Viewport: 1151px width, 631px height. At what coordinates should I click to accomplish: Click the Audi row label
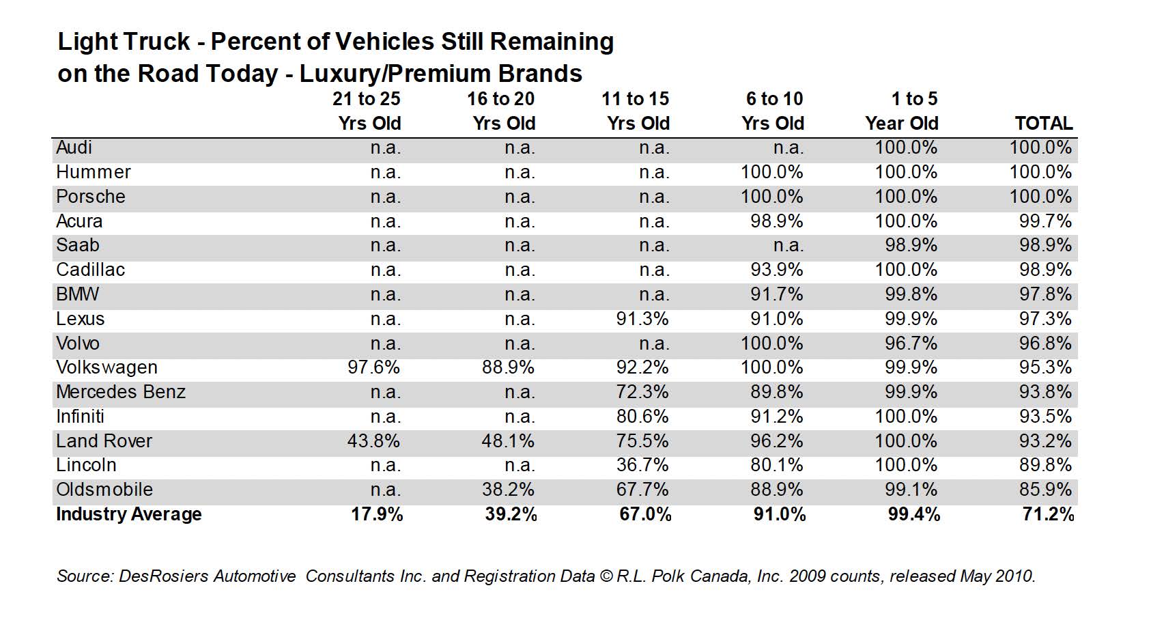(x=74, y=148)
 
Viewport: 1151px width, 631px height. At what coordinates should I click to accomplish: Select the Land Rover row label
(x=104, y=441)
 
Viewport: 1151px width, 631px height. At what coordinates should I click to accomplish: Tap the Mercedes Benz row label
(x=121, y=392)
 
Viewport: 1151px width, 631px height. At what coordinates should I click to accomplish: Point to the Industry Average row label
(x=129, y=514)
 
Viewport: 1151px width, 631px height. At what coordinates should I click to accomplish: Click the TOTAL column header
(x=1044, y=124)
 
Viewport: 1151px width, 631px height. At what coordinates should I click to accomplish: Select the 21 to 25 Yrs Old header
(x=367, y=111)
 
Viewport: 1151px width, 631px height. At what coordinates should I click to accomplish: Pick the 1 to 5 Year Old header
(x=902, y=111)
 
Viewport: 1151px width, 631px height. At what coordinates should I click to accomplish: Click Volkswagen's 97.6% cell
(x=373, y=367)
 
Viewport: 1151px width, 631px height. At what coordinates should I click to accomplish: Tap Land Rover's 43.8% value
(x=373, y=441)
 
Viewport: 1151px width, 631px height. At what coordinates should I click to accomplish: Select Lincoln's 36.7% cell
(x=642, y=465)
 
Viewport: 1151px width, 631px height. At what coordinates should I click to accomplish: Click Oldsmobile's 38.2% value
(x=508, y=490)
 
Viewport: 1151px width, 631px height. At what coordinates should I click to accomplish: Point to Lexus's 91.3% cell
(x=642, y=319)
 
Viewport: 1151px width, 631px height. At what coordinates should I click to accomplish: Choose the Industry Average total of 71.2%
(x=1048, y=514)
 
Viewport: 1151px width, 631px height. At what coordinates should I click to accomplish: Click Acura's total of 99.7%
(x=1046, y=221)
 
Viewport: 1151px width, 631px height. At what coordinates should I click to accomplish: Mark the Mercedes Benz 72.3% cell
(x=642, y=392)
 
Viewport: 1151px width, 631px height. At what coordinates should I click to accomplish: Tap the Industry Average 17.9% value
(x=377, y=514)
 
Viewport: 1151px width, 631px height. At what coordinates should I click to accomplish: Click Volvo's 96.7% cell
(x=911, y=343)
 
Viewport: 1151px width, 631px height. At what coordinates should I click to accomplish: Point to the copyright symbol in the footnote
(x=606, y=576)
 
